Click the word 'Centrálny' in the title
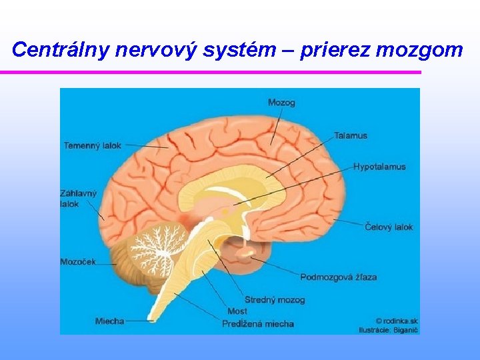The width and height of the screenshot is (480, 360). coord(57,49)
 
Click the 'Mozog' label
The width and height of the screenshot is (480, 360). coord(281,103)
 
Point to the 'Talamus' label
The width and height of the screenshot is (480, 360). coord(351,136)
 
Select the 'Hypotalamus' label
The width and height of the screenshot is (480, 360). coord(379,167)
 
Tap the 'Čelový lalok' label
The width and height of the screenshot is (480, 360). coord(389,227)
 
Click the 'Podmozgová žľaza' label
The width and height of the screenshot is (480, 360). coord(338,277)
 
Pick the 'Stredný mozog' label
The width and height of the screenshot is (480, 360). coord(275,300)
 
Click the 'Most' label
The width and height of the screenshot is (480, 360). coord(237,311)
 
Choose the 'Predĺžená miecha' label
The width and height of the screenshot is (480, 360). coord(258,324)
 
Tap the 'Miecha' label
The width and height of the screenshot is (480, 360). coord(109,321)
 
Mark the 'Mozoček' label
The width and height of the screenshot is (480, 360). coord(78,262)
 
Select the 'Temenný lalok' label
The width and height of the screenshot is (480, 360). coord(93,145)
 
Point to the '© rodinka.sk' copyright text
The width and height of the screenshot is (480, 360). coord(396,321)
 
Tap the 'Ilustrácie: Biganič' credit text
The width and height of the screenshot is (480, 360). coord(388,329)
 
